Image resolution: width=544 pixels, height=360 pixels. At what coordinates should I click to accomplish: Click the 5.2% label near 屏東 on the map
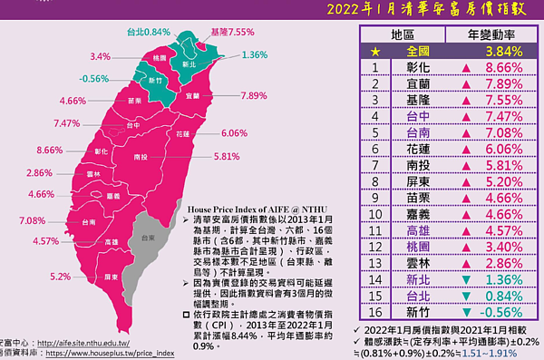click(x=63, y=276)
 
